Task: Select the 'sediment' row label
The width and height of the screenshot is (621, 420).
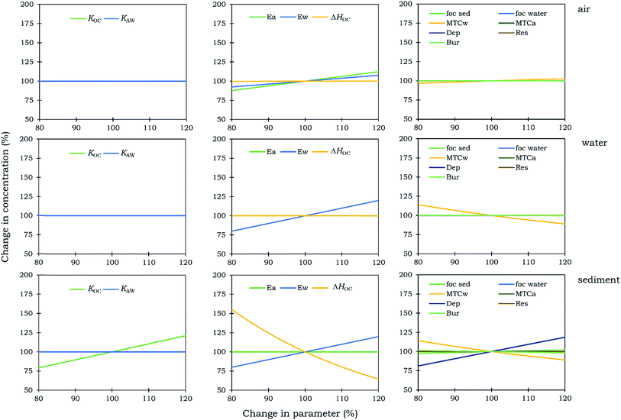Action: (599, 279)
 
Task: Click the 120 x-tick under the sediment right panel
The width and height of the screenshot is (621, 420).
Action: (564, 399)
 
